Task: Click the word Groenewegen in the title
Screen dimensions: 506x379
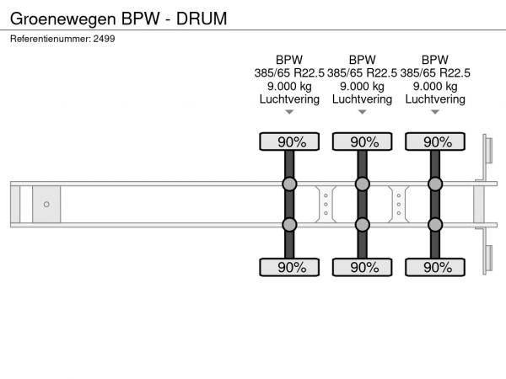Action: [63, 19]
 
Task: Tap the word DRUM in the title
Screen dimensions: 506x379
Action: [202, 19]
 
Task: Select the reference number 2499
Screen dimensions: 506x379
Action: [104, 39]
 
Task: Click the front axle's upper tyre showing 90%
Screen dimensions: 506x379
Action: [289, 141]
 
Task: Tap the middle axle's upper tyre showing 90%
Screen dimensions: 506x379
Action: [362, 141]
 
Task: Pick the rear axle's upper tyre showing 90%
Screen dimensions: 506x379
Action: [435, 141]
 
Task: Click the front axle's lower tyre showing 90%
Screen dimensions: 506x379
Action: [289, 267]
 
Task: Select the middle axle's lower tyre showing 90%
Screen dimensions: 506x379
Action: [362, 267]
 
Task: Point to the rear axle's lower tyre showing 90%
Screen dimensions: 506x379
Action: [435, 267]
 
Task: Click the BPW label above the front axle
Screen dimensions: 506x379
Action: [289, 60]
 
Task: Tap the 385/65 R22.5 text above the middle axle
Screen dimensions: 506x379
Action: [362, 73]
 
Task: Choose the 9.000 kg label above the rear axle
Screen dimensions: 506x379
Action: [435, 87]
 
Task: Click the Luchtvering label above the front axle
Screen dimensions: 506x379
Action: [289, 99]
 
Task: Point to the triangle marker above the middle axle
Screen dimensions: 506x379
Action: [362, 112]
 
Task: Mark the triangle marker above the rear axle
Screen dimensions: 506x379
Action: [435, 112]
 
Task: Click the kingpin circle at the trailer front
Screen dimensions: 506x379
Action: [46, 205]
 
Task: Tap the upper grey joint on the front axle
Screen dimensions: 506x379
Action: [289, 184]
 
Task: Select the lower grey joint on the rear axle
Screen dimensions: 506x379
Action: [435, 225]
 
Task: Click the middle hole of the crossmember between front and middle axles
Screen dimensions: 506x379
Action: [326, 205]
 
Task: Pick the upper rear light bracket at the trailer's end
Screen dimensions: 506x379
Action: [487, 151]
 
